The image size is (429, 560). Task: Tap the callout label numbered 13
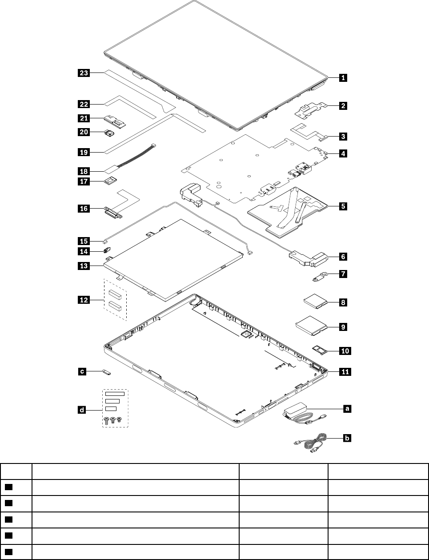coord(84,266)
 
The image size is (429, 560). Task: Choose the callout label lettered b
coord(347,439)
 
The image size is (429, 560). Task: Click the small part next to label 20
coord(108,132)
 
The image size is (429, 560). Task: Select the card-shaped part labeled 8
coord(315,302)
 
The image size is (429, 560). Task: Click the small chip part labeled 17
coord(110,180)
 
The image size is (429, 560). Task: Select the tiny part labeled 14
coord(108,250)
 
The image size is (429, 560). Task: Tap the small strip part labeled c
coord(107,371)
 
